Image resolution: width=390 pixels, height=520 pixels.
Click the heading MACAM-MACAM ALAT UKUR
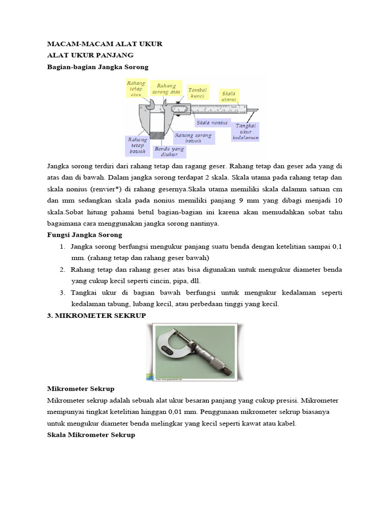105,44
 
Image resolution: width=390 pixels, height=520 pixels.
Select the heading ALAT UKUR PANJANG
90,55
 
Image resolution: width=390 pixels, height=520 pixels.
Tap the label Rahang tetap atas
137,88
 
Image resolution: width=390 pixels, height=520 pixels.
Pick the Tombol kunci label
197,92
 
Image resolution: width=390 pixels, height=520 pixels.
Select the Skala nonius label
212,123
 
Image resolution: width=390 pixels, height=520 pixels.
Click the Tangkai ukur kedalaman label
246,132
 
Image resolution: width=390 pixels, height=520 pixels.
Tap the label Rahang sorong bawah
193,138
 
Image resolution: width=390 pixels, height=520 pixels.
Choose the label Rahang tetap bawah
137,145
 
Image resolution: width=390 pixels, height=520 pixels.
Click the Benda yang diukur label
169,151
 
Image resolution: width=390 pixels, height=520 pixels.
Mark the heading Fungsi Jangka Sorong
84,235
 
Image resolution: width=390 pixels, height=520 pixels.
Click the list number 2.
62,270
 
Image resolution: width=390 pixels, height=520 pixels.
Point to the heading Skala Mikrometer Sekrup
91,435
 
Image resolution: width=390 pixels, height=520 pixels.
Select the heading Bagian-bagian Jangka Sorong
97,67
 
